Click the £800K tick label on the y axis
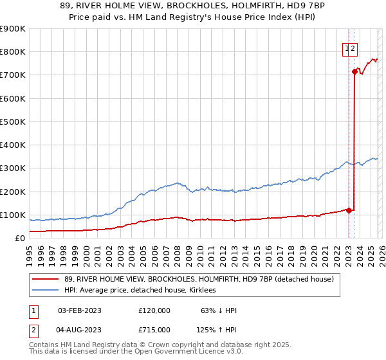click(x=13, y=52)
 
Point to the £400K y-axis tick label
click(x=13, y=145)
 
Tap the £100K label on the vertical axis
click(x=13, y=215)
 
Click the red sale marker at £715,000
click(x=354, y=71)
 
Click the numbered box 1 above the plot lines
click(x=347, y=47)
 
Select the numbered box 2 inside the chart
click(x=354, y=47)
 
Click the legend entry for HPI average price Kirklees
click(x=140, y=291)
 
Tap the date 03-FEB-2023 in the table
click(x=80, y=310)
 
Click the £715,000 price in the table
click(x=154, y=329)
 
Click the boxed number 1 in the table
click(x=33, y=310)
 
